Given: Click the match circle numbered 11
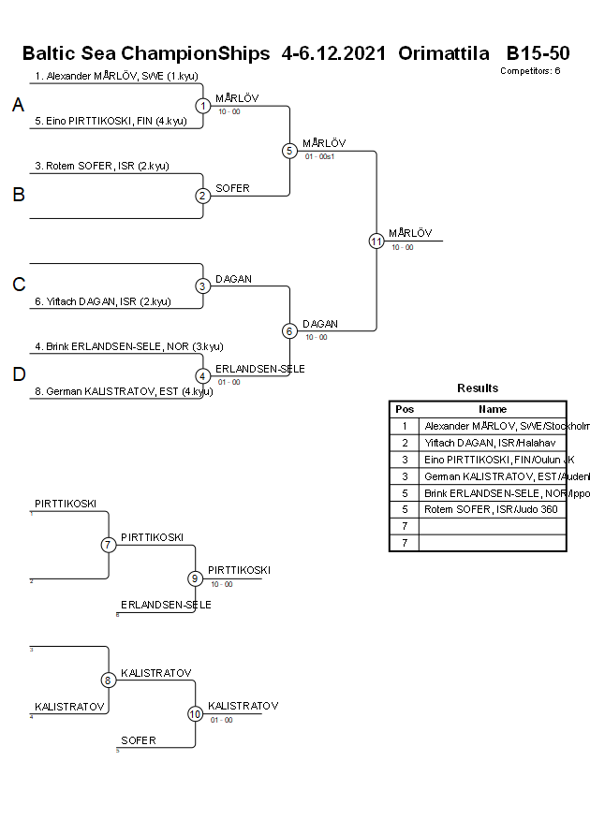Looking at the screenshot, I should tap(376, 241).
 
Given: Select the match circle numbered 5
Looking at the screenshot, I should tap(289, 151).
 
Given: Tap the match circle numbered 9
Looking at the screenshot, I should tap(195, 578).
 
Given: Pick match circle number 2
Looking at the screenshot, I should tap(203, 196).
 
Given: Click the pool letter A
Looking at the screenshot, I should tap(18, 106).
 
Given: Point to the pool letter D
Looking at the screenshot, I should tap(18, 375).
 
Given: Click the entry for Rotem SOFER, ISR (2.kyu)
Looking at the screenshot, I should tap(102, 166).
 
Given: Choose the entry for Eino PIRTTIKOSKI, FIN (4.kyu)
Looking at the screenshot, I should tap(111, 121).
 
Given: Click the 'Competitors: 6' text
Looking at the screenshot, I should tap(530, 70).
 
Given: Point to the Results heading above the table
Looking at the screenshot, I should tap(478, 388).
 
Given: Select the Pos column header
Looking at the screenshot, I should tap(405, 409).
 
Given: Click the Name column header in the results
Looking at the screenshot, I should tap(492, 409).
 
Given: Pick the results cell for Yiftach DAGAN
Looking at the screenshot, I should tap(492, 442).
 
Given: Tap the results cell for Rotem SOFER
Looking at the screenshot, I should tap(492, 509).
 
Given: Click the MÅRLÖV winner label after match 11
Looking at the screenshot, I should tap(410, 233).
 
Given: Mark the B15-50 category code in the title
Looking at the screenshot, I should tap(538, 53).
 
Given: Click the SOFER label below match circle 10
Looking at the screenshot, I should tap(139, 740).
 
